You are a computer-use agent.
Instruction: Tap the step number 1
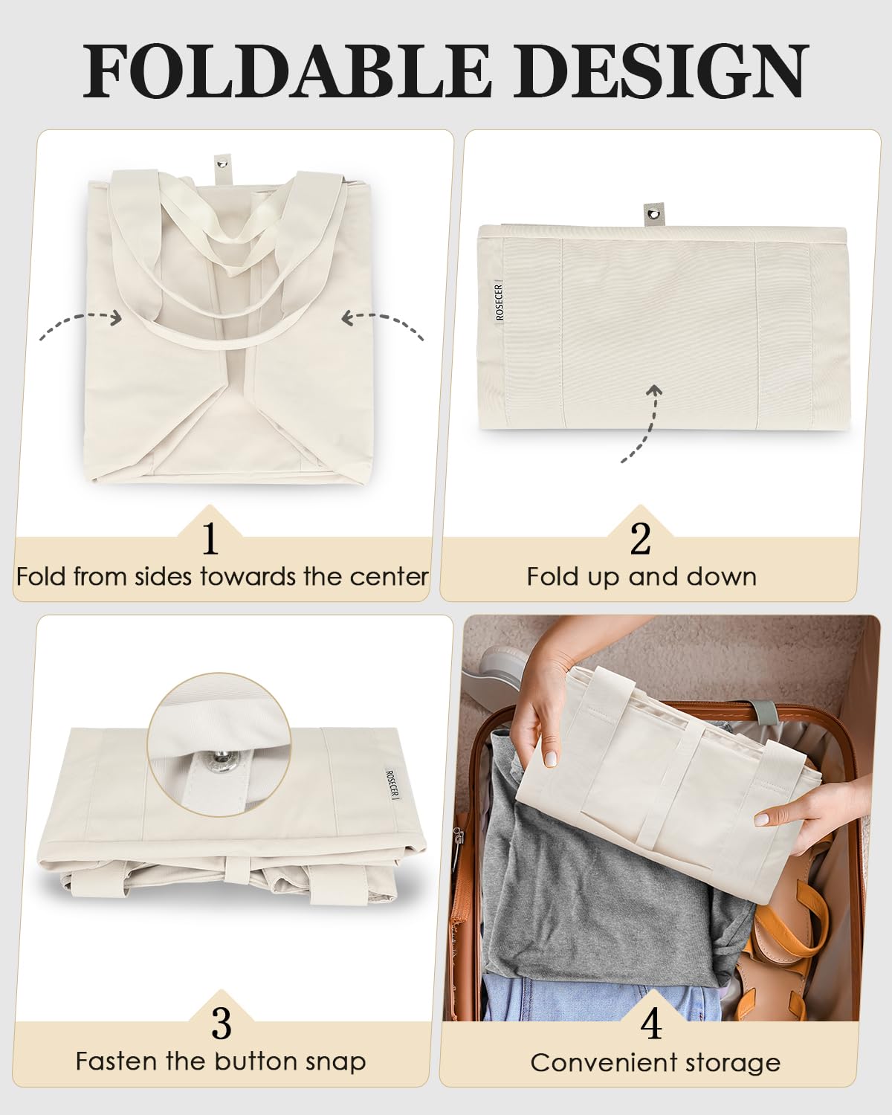[x=210, y=538]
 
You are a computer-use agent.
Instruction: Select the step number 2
[x=640, y=538]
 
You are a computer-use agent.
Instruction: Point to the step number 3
[x=222, y=1024]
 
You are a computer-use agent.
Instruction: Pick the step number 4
[x=650, y=1024]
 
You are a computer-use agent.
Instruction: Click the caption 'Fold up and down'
[x=641, y=577]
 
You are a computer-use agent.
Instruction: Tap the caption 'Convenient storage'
[x=655, y=1063]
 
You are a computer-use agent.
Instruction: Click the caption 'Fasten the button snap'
[x=221, y=1061]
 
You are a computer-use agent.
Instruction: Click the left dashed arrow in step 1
[x=80, y=324]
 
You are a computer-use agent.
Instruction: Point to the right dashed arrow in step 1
[x=383, y=326]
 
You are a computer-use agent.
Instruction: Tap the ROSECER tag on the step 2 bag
[x=500, y=301]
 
